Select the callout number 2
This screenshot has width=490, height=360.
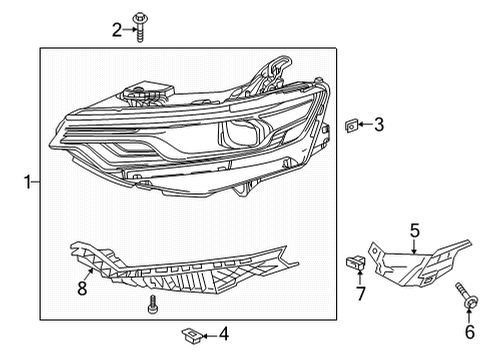click(x=117, y=30)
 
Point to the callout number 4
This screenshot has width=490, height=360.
click(x=223, y=333)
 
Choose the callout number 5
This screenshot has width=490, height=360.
click(x=415, y=229)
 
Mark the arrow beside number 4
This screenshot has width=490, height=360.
click(x=208, y=333)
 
